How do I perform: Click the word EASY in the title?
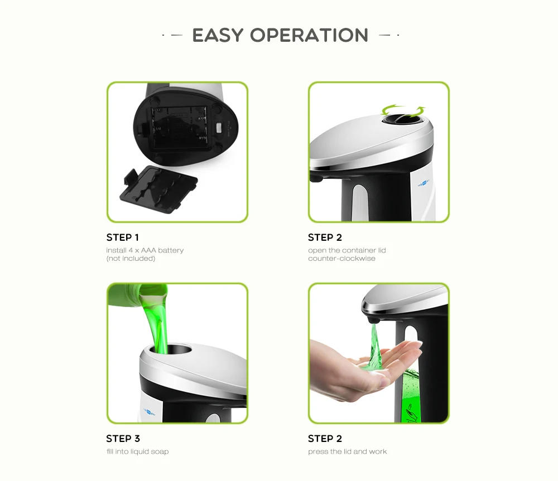pyautogui.click(x=218, y=35)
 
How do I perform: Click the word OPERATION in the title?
pyautogui.click(x=309, y=35)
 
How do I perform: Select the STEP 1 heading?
pyautogui.click(x=123, y=237)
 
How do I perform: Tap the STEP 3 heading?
pyautogui.click(x=123, y=439)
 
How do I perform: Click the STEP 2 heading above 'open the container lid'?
pyautogui.click(x=325, y=237)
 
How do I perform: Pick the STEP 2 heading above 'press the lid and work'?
pyautogui.click(x=325, y=439)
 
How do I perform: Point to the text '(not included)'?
pyautogui.click(x=131, y=259)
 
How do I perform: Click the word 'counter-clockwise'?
pyautogui.click(x=341, y=259)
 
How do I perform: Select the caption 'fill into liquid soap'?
pyautogui.click(x=137, y=451)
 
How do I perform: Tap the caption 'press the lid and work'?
pyautogui.click(x=347, y=451)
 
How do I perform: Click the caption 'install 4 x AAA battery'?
pyautogui.click(x=145, y=250)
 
